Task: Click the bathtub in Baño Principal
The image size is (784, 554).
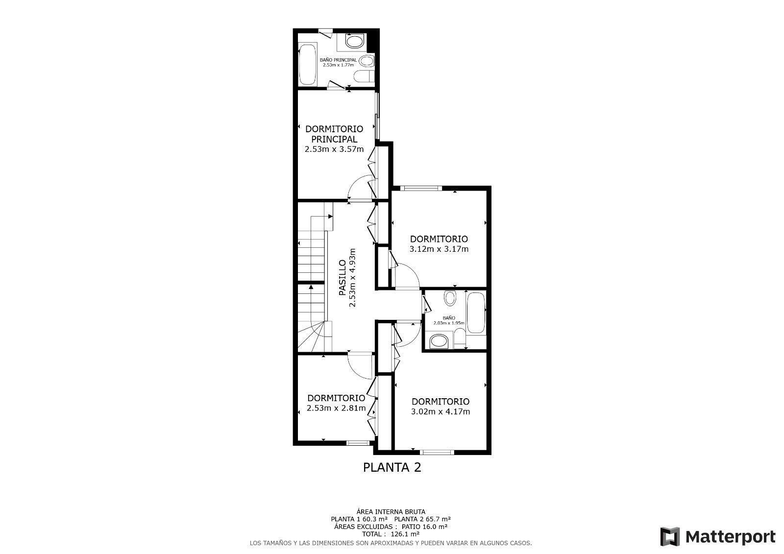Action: coord(308,65)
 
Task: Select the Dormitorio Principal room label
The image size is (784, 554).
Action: coord(334,134)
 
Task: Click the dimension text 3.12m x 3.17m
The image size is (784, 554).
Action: coord(439,249)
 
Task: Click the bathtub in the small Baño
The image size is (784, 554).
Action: coord(476,312)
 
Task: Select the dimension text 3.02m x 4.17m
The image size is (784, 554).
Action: coord(440,411)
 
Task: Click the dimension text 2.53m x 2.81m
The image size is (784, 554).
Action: coord(336,408)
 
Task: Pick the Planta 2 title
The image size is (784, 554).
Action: coord(392,467)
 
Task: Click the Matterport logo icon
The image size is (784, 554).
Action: coord(670,536)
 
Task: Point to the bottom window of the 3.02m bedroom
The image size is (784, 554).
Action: coord(437,452)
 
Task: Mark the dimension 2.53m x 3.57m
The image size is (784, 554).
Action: coord(334,149)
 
